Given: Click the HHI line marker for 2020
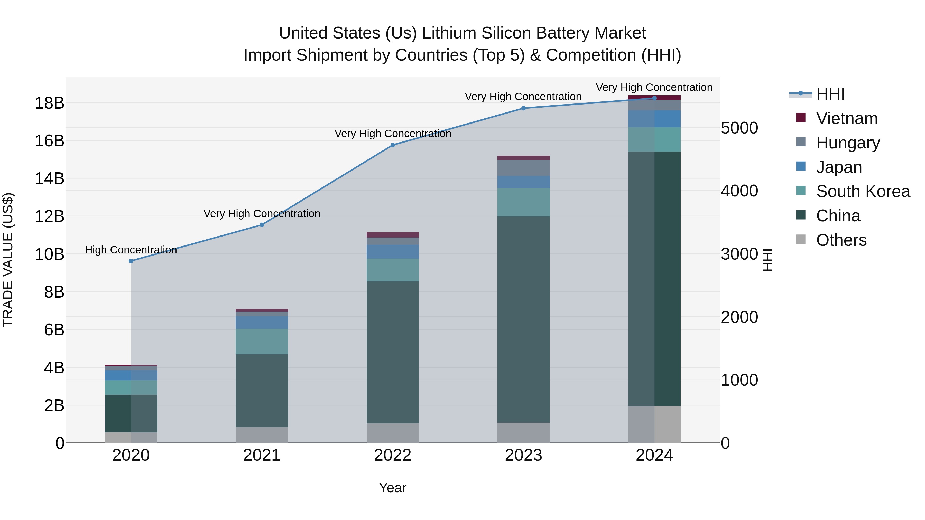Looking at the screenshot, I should (x=131, y=261).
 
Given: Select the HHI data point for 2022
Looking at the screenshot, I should (x=392, y=145).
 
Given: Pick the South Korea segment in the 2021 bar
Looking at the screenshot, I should (x=262, y=342).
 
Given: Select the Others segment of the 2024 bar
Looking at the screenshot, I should (x=654, y=424).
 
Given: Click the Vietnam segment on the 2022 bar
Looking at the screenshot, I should (x=392, y=235).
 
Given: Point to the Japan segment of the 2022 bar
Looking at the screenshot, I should (x=392, y=252).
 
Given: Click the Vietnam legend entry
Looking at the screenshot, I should (x=846, y=118).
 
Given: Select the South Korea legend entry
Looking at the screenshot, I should (x=863, y=191).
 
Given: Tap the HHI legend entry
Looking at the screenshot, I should (x=830, y=94).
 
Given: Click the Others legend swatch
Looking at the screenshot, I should (x=801, y=239).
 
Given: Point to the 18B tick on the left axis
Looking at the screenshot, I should (x=49, y=103).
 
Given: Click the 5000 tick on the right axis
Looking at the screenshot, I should (x=739, y=128).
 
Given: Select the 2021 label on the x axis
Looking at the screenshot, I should (x=262, y=455).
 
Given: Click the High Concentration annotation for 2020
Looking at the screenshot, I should (x=131, y=250).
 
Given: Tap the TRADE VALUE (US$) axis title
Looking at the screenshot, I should (x=8, y=260).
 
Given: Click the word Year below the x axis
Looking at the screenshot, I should (x=392, y=488).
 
